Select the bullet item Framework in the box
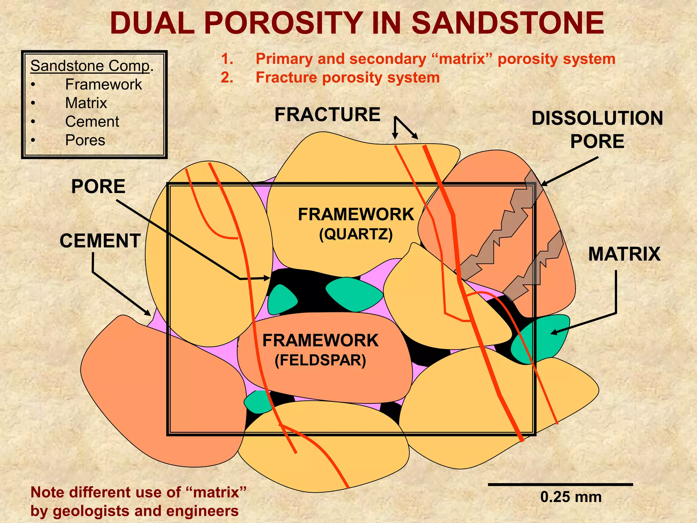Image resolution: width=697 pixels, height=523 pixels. (x=103, y=84)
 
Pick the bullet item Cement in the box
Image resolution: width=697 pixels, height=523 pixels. (x=92, y=122)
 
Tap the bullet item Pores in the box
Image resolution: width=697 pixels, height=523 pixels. (x=85, y=140)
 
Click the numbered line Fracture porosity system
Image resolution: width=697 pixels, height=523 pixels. (x=347, y=78)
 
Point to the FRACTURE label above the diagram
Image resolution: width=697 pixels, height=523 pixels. (x=327, y=114)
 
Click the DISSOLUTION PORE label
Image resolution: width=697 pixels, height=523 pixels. (x=597, y=130)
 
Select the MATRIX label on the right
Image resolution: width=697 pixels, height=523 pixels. (x=624, y=254)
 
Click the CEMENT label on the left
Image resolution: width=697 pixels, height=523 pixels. (x=100, y=241)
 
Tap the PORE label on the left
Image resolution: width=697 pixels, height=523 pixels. (x=98, y=187)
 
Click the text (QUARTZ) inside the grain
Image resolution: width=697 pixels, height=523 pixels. (x=356, y=234)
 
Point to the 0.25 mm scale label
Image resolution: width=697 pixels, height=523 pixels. (x=571, y=497)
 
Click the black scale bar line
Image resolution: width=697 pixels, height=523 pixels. (x=560, y=484)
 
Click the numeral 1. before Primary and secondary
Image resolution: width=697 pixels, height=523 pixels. (x=227, y=59)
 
